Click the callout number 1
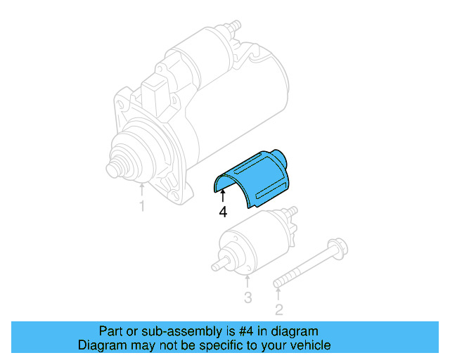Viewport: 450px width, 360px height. [142, 207]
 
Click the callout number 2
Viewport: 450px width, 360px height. [278, 309]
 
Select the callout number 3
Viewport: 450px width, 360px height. [247, 297]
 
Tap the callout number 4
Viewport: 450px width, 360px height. [222, 211]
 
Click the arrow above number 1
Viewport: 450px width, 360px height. [142, 188]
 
